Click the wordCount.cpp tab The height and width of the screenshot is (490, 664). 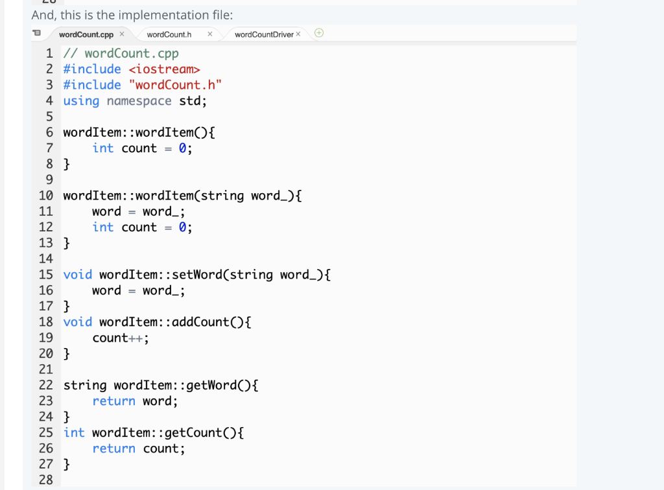pyautogui.click(x=86, y=34)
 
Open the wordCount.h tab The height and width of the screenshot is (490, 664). pyautogui.click(x=169, y=34)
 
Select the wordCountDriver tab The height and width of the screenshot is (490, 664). pyautogui.click(x=264, y=34)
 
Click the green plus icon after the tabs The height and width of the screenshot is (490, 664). pyautogui.click(x=318, y=33)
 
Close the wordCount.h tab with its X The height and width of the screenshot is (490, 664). pyautogui.click(x=209, y=34)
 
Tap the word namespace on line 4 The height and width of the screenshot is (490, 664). pyautogui.click(x=139, y=101)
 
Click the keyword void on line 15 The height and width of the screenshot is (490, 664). pyautogui.click(x=78, y=275)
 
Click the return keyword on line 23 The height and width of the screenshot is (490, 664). pyautogui.click(x=113, y=401)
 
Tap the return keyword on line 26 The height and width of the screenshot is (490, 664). pyautogui.click(x=113, y=449)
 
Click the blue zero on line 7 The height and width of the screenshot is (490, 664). pyautogui.click(x=183, y=148)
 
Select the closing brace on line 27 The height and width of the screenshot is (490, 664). pyautogui.click(x=67, y=465)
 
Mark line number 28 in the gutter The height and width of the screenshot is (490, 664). pyautogui.click(x=46, y=480)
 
